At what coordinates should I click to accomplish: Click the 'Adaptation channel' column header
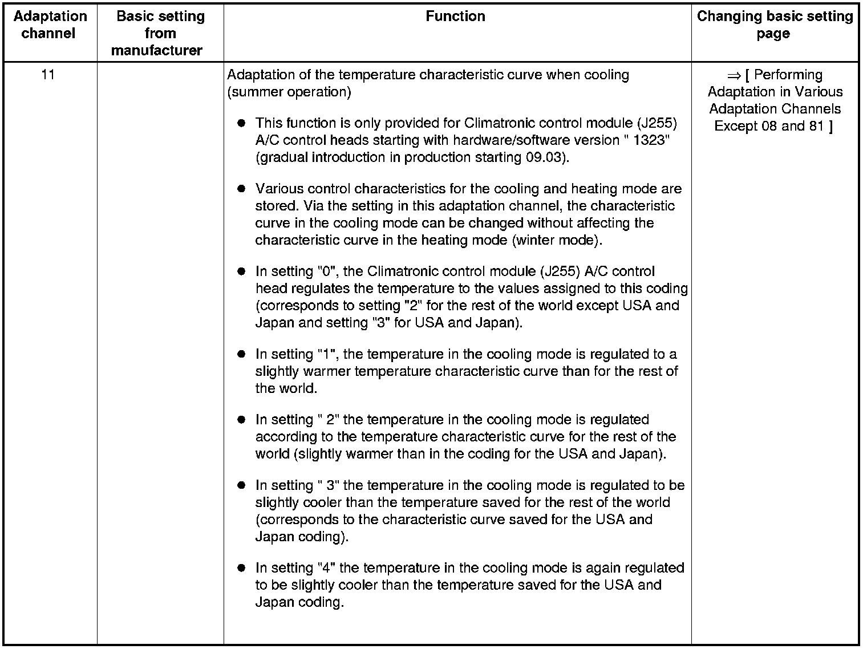tap(50, 25)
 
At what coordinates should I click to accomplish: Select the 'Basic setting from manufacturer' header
tap(160, 33)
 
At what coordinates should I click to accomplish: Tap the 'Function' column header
tap(455, 16)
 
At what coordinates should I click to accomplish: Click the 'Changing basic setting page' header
tap(774, 25)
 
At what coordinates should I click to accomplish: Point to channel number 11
tap(48, 75)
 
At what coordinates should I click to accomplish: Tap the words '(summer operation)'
tap(289, 92)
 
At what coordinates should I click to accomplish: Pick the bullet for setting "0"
tap(241, 271)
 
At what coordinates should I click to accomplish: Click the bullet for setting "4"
tap(241, 568)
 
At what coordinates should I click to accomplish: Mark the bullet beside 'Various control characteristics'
tap(241, 189)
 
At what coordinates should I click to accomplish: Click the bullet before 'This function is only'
tap(241, 123)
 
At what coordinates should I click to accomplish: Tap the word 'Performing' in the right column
tap(788, 75)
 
